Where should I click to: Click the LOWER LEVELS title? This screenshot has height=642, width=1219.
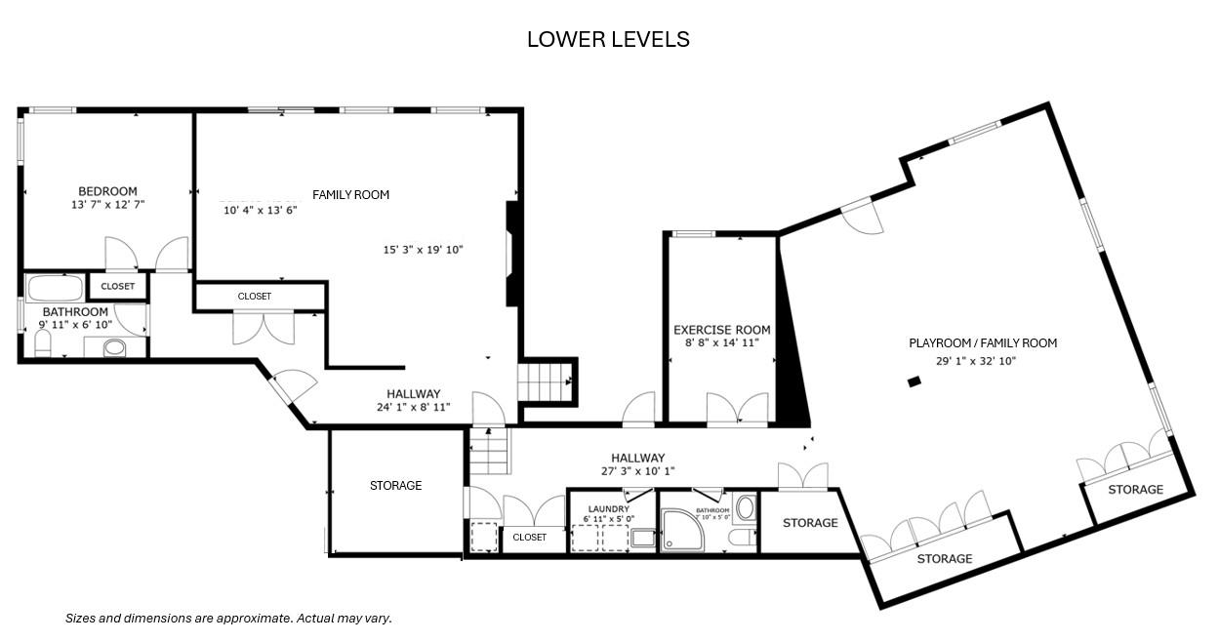(608, 39)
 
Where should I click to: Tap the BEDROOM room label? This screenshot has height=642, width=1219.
(107, 191)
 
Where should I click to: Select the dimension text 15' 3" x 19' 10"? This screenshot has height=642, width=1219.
(423, 250)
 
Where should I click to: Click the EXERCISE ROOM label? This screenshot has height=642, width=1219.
(721, 330)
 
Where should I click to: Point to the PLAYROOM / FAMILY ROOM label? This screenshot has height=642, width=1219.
(983, 342)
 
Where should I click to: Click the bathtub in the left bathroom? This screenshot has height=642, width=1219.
(55, 288)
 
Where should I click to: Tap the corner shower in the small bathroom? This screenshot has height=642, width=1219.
(682, 530)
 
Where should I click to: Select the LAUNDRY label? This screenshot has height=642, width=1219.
(608, 508)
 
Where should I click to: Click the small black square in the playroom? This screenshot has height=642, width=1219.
(914, 381)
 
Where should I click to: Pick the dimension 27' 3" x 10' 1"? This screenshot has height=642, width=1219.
(637, 471)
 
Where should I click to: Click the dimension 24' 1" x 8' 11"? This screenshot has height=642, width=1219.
(414, 407)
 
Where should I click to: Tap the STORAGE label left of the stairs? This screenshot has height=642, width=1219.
(395, 485)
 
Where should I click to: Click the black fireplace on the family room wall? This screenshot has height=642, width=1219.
(512, 254)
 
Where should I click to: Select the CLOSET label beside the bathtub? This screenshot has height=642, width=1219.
(117, 286)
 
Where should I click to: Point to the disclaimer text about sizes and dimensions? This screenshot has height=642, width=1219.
(228, 618)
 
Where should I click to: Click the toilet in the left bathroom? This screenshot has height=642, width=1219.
(42, 343)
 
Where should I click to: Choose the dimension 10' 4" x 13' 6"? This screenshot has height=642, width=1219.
(261, 210)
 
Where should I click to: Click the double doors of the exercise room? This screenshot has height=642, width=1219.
(738, 408)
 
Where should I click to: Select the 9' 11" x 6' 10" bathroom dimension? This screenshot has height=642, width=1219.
(75, 325)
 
